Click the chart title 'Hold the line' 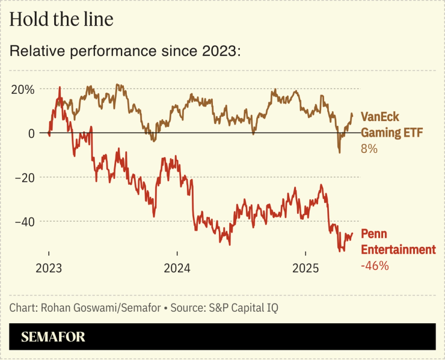point(61,20)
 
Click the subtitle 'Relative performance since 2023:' point(125,52)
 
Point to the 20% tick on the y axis point(23,89)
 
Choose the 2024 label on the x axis point(177,268)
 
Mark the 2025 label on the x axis point(305,268)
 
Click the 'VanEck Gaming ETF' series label point(388,125)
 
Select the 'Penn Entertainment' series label point(397,242)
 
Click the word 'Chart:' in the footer point(23,308)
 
